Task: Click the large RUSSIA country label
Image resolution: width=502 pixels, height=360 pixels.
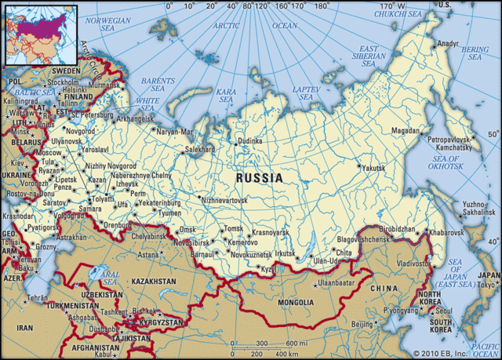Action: click(259, 178)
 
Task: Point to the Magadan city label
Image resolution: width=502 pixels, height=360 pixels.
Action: click(406, 131)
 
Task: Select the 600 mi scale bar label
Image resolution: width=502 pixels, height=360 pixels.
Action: click(295, 344)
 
